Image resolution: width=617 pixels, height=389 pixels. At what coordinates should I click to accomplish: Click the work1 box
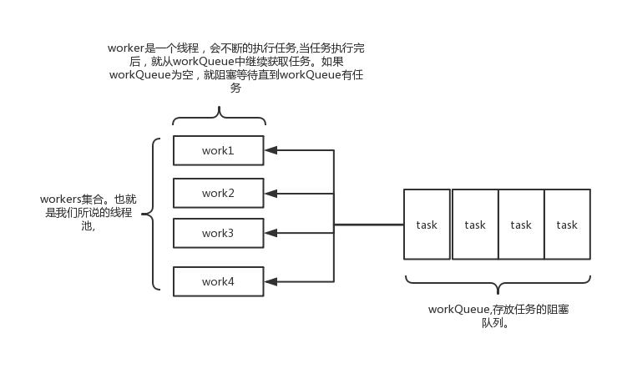click(218, 150)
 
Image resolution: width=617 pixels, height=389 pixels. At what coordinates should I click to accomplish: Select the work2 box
click(218, 193)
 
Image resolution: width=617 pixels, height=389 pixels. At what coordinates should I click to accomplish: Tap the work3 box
click(218, 233)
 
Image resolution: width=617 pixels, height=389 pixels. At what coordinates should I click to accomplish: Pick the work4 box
click(218, 281)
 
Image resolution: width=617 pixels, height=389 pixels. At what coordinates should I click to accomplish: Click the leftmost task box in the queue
click(427, 225)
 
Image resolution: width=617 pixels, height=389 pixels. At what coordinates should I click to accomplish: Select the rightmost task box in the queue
click(567, 225)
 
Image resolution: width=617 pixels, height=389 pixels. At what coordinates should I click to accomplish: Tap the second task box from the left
click(475, 225)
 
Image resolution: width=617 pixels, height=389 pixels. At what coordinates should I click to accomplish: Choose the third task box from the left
click(521, 225)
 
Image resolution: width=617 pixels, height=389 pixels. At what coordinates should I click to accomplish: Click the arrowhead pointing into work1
click(271, 151)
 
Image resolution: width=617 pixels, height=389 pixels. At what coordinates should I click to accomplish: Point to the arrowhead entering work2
click(271, 194)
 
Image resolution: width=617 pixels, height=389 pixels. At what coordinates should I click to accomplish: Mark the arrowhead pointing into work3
click(271, 233)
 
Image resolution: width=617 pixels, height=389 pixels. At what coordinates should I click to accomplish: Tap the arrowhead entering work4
click(271, 281)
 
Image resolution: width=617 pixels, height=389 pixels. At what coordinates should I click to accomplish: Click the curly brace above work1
click(219, 117)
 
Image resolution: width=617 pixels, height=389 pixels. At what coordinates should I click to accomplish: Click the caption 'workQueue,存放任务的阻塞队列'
click(498, 316)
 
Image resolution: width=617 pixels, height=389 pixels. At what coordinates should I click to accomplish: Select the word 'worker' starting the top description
click(126, 48)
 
